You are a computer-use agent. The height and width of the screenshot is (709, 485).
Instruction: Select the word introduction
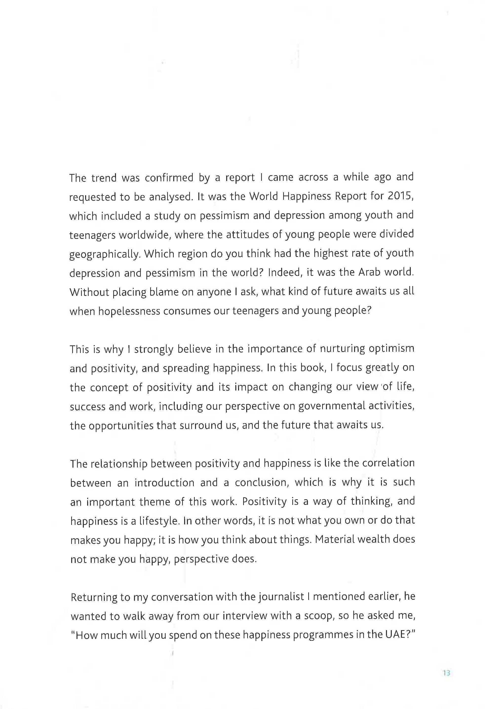pos(165,483)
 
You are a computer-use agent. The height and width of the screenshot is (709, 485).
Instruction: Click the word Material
pos(335,539)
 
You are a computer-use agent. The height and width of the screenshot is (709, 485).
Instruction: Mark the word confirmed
pos(169,178)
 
